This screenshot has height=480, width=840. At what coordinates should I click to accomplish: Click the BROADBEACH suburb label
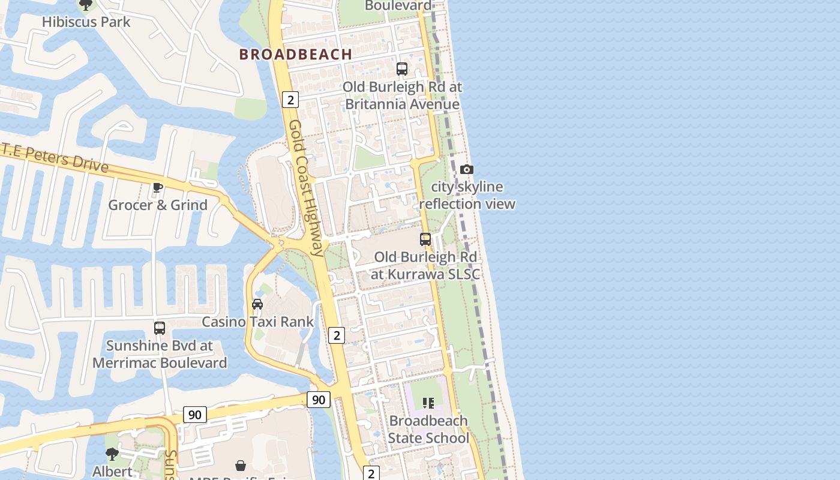296,54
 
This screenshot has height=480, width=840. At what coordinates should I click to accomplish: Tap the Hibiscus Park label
86,22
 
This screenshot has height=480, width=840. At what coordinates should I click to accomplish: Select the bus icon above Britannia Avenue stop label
402,68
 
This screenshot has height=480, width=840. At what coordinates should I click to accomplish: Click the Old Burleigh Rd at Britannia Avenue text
402,95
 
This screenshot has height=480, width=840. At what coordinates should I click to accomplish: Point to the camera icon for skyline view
466,170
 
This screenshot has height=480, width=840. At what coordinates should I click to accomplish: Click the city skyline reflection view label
467,196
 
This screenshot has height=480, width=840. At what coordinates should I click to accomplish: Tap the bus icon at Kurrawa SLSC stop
425,239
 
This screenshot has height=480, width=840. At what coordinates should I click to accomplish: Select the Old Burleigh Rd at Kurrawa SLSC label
425,266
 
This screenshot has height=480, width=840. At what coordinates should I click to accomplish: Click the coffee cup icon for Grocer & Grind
158,188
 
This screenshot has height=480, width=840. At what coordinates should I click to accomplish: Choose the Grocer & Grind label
158,205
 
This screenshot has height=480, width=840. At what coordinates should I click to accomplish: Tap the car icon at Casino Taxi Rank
257,304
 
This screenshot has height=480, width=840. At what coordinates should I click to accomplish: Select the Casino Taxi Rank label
257,322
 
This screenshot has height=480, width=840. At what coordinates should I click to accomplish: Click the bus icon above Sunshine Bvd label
160,328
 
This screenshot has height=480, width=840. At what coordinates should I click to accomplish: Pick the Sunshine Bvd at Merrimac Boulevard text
160,355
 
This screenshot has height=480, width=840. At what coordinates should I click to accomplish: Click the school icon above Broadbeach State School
428,403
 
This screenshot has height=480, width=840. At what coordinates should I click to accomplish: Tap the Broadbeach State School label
428,430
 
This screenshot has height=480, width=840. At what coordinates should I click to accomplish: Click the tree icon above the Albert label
112,454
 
